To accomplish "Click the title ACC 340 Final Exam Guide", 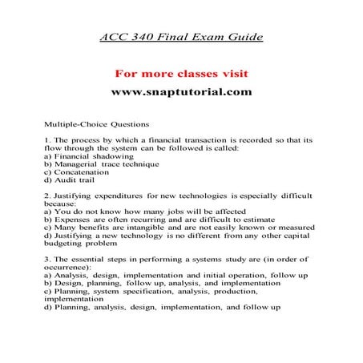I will point(181,38).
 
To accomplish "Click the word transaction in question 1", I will point(209,139).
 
